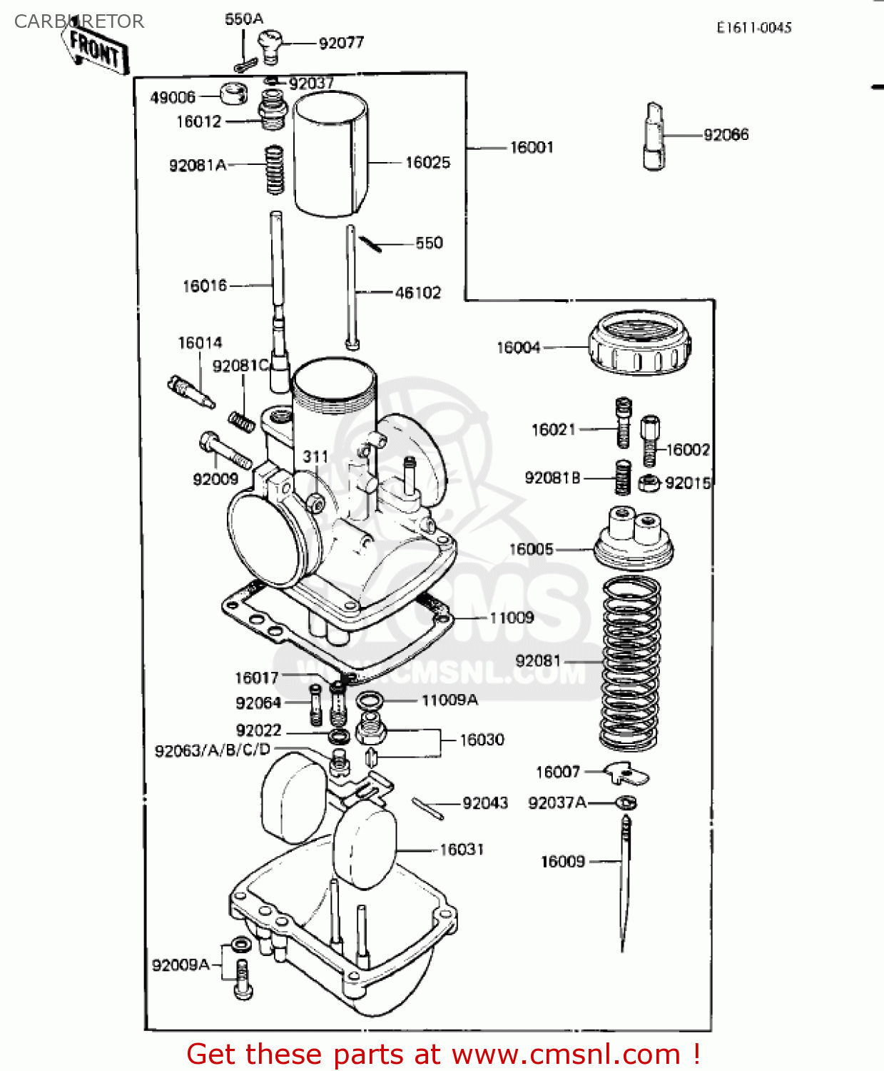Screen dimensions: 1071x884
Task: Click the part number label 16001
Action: pos(531,148)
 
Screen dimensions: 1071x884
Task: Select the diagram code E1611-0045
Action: pos(754,28)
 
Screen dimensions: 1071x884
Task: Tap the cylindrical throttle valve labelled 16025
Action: pos(331,155)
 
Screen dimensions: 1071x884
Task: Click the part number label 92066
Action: pos(726,135)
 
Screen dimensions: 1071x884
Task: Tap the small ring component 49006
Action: pos(233,94)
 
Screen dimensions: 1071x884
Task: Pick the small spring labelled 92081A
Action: pos(275,170)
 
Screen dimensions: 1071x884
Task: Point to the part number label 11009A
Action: pos(449,700)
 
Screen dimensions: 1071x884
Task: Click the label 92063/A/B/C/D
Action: pos(213,750)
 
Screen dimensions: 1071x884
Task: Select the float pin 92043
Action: pos(427,808)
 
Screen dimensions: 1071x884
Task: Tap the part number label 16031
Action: pos(462,850)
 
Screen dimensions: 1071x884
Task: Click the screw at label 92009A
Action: pos(242,977)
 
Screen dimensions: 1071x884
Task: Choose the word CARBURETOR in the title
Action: pos(79,21)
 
